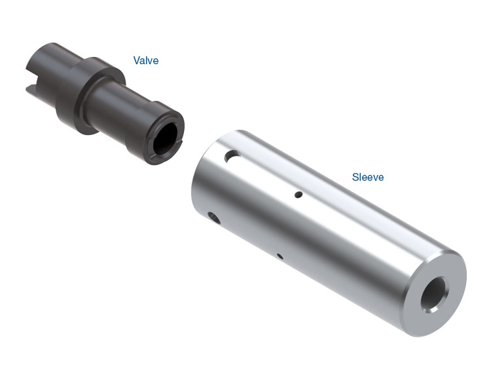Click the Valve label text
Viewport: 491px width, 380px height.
coord(146,60)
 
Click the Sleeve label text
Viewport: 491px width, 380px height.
coord(368,177)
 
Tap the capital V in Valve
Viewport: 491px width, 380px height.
coord(137,60)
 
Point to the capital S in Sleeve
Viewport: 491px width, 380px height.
coord(355,177)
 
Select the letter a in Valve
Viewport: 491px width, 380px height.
coord(143,61)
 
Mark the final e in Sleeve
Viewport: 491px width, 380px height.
coord(381,178)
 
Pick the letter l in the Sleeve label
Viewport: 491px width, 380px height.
coord(361,177)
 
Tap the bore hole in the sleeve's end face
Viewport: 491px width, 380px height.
coord(433,294)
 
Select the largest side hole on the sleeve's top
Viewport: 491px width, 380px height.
coord(232,156)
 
